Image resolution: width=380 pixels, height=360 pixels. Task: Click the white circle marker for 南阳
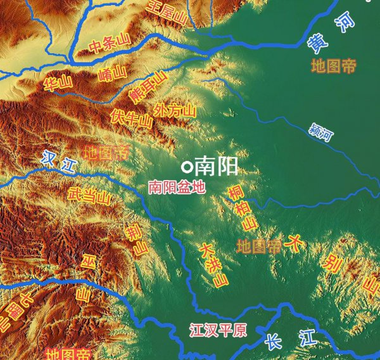pos(186,167)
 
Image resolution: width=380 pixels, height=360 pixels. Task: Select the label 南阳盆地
pos(177,187)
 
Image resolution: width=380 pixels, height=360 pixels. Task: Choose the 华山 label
pos(58,84)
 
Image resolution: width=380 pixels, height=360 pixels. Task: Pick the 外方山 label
pos(175,109)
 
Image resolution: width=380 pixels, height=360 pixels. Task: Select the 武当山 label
pos(89,196)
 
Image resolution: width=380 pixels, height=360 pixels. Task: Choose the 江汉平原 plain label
pos(218,330)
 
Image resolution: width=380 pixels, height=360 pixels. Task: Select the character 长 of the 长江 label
pos(273,341)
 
